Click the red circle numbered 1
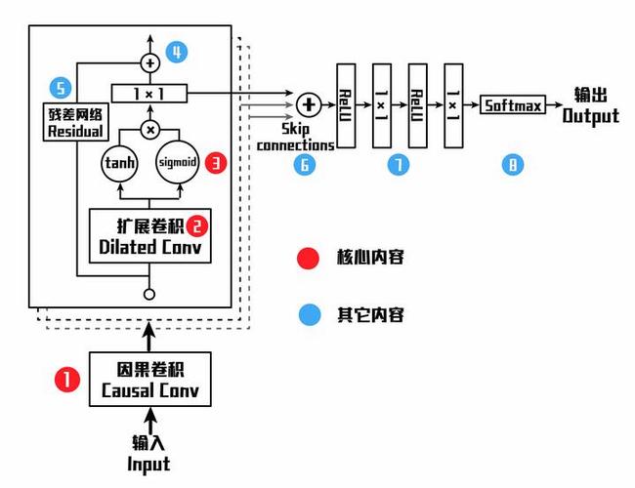(x=66, y=380)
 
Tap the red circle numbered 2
(x=198, y=226)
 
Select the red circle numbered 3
(x=216, y=162)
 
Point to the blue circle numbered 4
(x=176, y=53)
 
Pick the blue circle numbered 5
(x=61, y=89)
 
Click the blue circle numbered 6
(x=305, y=164)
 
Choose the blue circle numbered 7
(x=398, y=164)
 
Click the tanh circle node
(x=123, y=163)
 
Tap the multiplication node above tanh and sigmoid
(x=149, y=129)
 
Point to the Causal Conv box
(x=150, y=380)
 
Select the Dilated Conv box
(x=149, y=237)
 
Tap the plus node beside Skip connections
(x=308, y=103)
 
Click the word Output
(x=590, y=116)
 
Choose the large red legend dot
(x=309, y=258)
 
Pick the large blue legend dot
(x=309, y=314)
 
